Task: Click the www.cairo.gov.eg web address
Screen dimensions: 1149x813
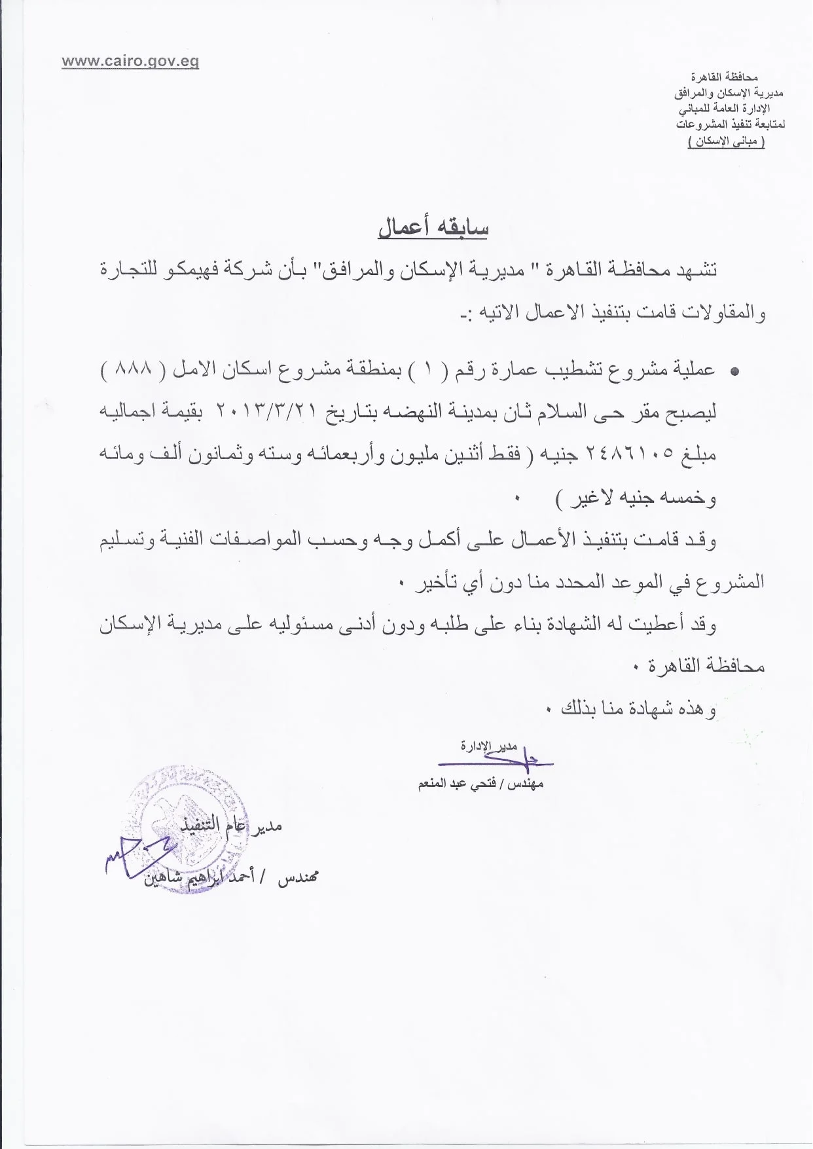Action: coord(130,62)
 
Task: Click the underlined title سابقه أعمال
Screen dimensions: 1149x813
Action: coord(433,227)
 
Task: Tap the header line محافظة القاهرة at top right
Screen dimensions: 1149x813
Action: coord(725,77)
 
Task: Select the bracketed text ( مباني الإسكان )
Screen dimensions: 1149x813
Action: coord(726,142)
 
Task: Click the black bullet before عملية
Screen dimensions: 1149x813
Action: coord(734,371)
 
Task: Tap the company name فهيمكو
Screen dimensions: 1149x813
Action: coord(201,270)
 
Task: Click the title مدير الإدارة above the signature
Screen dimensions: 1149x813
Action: coord(488,746)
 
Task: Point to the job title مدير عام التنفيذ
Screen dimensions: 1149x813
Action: coord(231,826)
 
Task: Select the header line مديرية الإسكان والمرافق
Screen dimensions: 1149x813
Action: coord(729,93)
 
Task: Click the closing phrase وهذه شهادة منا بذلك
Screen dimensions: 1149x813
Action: coord(638,709)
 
